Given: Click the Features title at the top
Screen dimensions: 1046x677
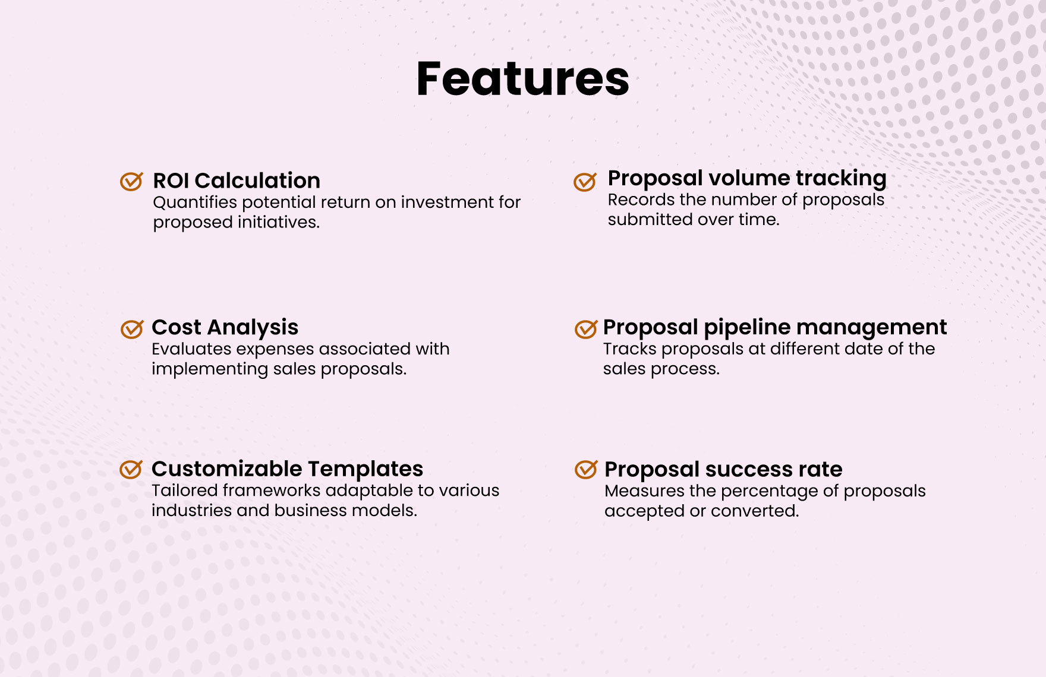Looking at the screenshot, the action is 522,79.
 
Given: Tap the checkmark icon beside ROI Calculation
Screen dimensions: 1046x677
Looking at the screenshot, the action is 131,181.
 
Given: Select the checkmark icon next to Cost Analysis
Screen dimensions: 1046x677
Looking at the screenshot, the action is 132,328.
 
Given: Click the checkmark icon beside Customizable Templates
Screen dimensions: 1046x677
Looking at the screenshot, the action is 131,469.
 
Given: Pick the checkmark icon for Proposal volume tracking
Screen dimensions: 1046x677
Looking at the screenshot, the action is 585,181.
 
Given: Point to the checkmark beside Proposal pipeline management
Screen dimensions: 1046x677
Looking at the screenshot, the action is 586,328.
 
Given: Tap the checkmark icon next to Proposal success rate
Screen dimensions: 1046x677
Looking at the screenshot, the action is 586,469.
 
